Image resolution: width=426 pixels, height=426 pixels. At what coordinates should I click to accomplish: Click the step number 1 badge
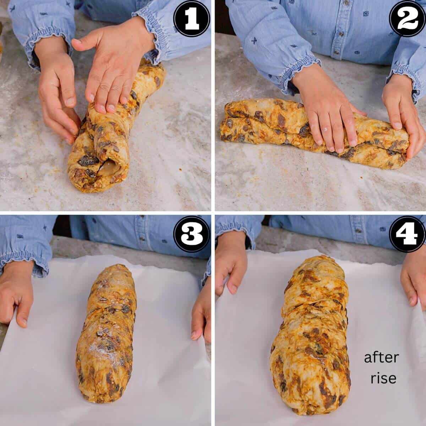tap(192, 19)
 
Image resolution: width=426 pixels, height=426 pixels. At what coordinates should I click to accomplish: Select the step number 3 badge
tap(191, 235)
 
